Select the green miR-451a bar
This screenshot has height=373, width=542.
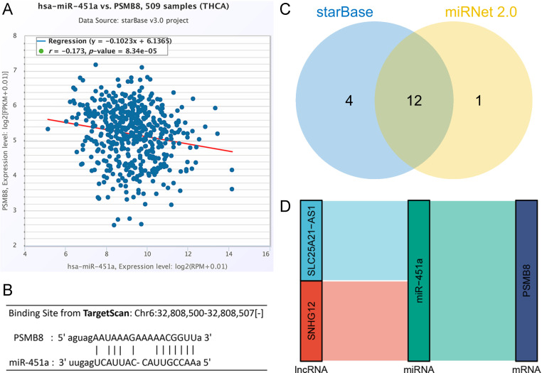[419, 280]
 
